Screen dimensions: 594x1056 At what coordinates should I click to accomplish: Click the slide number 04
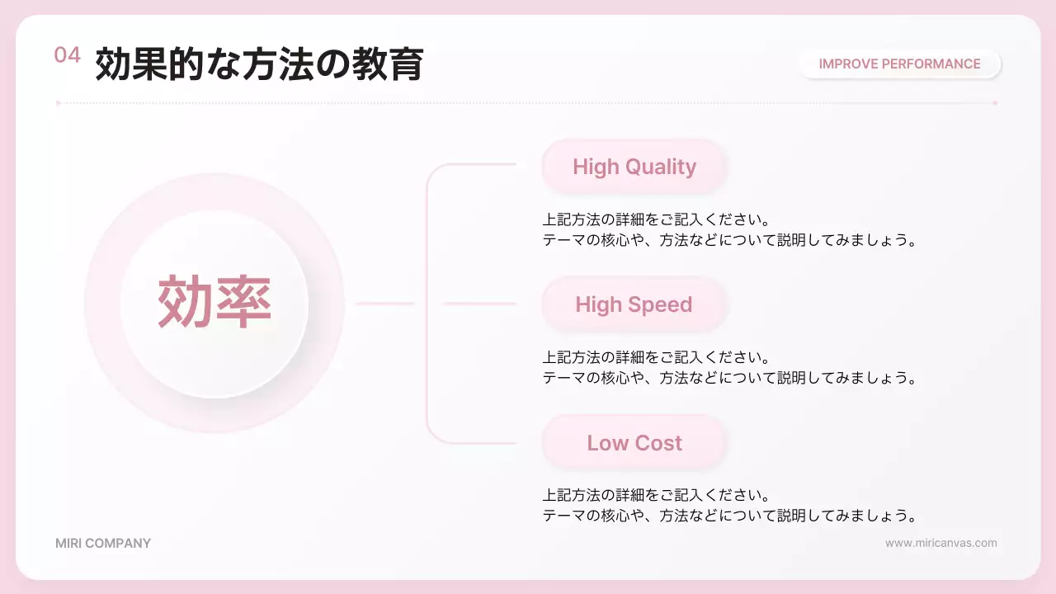[x=68, y=55]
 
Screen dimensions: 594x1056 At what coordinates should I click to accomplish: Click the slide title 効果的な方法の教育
[x=259, y=64]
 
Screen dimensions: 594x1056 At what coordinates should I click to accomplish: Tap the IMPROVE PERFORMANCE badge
[x=899, y=64]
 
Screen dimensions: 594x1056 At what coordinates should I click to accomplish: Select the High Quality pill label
[x=634, y=167]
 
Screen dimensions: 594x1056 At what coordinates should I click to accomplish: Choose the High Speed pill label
[x=634, y=304]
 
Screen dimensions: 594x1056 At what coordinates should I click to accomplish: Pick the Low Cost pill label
[x=634, y=443]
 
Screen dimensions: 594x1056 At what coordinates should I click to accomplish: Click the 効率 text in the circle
[x=214, y=303]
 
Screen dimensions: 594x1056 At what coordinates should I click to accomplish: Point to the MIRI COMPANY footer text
[x=103, y=544]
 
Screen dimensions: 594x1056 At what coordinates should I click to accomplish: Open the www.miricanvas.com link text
[x=940, y=543]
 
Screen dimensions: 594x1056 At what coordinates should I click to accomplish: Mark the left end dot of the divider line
[x=58, y=103]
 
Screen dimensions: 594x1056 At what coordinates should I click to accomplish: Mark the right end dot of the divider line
[x=995, y=103]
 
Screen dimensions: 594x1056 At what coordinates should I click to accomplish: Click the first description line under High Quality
[x=656, y=220]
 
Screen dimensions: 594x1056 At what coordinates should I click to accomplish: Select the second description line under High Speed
[x=729, y=378]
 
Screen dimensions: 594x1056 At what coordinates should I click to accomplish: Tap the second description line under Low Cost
[x=729, y=516]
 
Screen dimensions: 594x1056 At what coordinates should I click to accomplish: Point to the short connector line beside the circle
[x=384, y=304]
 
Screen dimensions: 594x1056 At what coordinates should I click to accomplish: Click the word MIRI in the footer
[x=68, y=544]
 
